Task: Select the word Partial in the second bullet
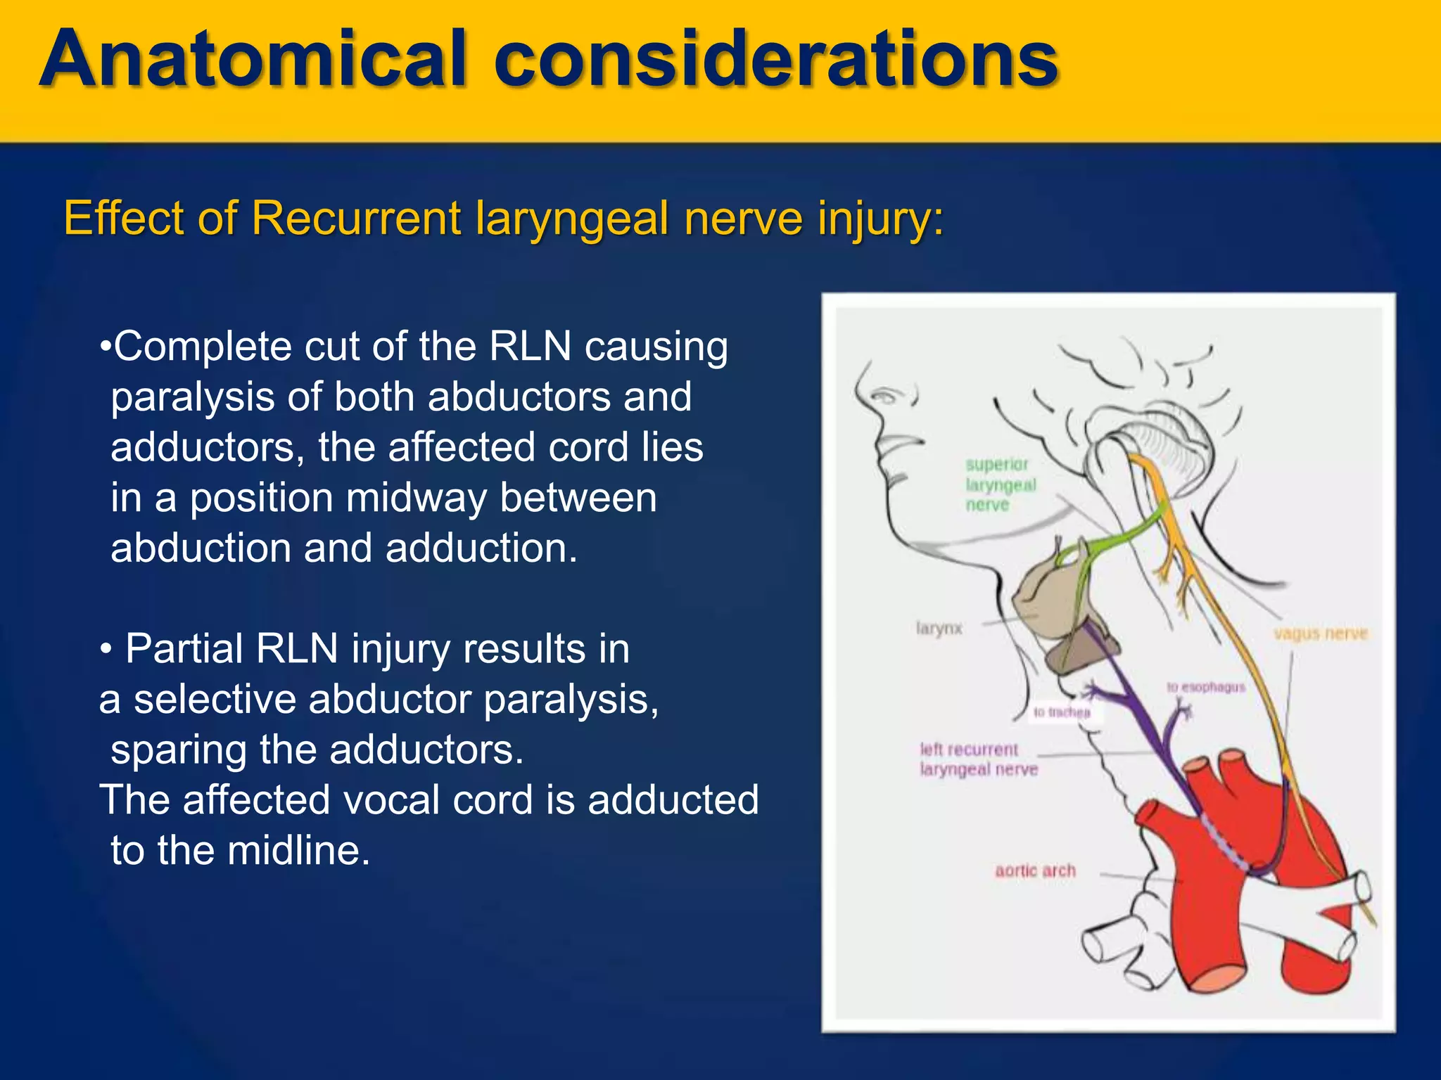click(x=184, y=648)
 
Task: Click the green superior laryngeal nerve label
click(x=1000, y=484)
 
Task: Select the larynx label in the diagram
click(x=939, y=628)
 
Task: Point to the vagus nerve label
click(x=1320, y=634)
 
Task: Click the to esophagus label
click(x=1206, y=687)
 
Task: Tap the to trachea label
click(x=1062, y=712)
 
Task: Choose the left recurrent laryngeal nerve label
click(x=978, y=759)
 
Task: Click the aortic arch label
click(x=1035, y=870)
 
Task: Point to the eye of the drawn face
click(x=885, y=398)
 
